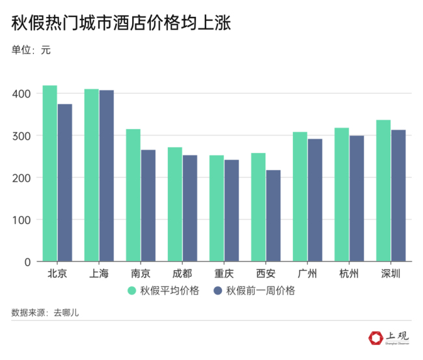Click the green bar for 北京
tap(49, 174)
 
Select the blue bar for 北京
tap(64, 183)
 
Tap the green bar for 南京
tap(133, 195)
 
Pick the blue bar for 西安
tap(273, 215)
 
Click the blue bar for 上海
tap(106, 176)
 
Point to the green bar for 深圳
tap(383, 191)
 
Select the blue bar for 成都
tap(189, 208)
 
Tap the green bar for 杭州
tap(342, 195)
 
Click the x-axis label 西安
tap(266, 273)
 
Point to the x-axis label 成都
tap(182, 273)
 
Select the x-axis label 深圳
tap(390, 273)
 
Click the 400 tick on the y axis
tap(21, 94)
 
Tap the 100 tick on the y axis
tap(21, 220)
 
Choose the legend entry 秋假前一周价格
tap(254, 291)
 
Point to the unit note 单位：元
tap(31, 50)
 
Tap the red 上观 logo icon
tap(375, 338)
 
